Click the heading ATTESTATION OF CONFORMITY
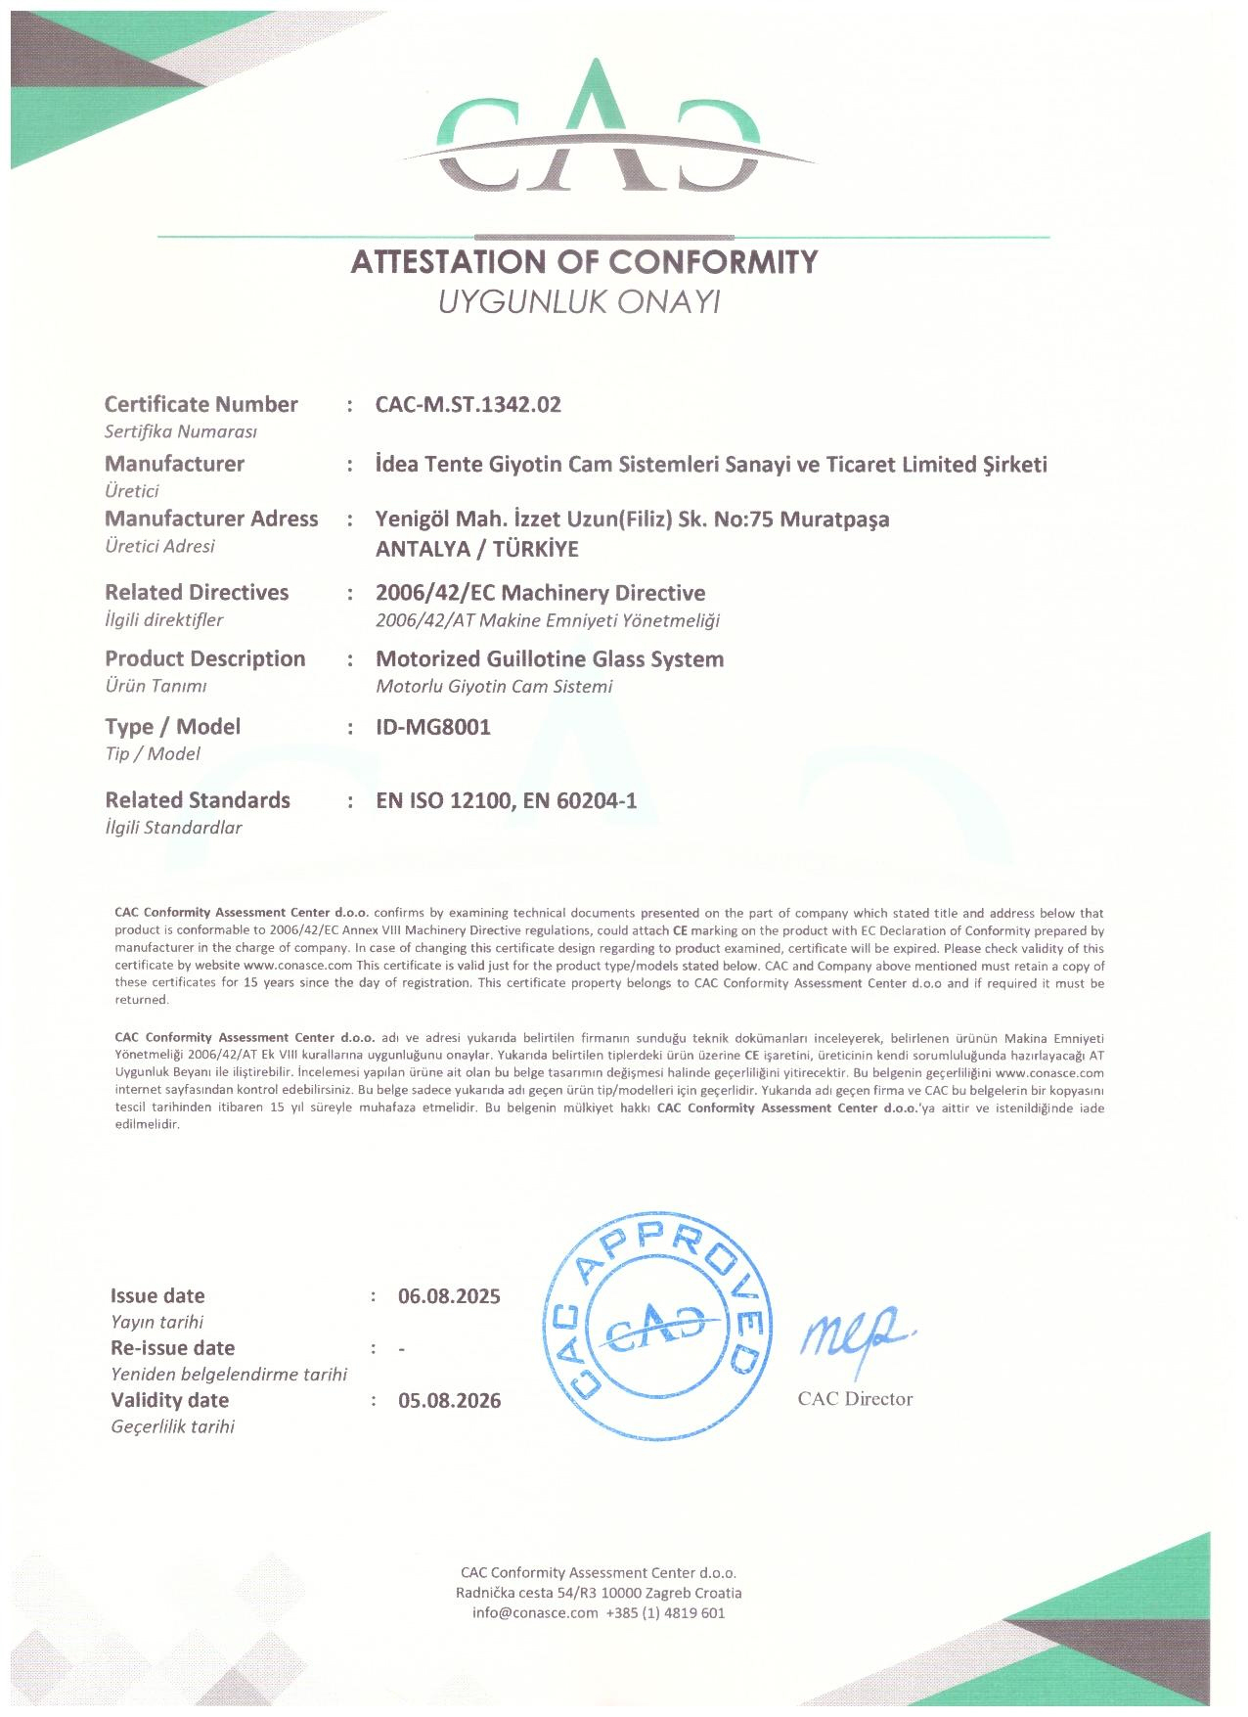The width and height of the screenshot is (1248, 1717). tap(584, 262)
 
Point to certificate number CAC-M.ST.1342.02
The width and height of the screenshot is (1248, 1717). tap(468, 405)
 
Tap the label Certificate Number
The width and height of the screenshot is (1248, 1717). tap(201, 405)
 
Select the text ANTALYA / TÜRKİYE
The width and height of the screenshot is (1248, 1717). tap(477, 549)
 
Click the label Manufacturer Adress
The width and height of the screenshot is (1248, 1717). tap(211, 520)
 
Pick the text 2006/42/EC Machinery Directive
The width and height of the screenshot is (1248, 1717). tap(540, 593)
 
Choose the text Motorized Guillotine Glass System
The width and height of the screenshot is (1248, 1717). tap(550, 659)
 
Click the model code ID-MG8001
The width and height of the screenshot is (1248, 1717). tap(433, 727)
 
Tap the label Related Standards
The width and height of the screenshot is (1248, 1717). tap(198, 800)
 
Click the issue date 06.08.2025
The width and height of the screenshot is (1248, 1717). tap(449, 1296)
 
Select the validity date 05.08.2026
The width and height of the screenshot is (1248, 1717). tap(449, 1401)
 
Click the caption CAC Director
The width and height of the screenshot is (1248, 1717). tap(855, 1399)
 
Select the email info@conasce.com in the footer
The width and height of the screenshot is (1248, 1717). tap(534, 1613)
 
